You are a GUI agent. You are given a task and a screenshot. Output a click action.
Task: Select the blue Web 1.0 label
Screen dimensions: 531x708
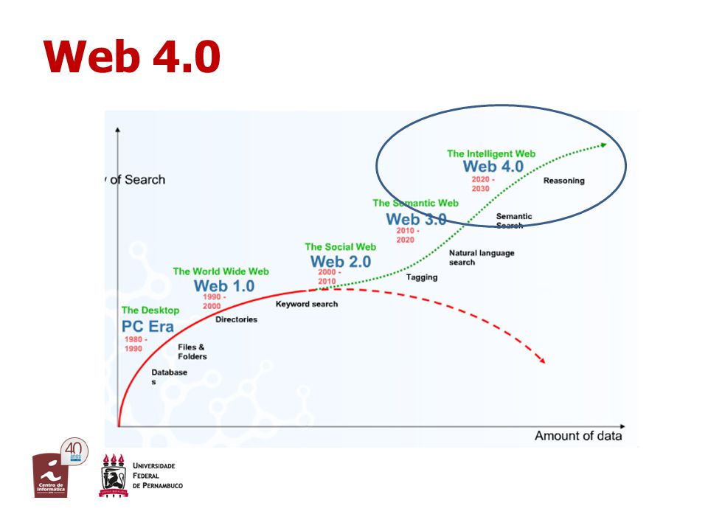click(x=223, y=285)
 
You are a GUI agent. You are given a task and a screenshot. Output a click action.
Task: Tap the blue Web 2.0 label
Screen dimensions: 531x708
click(x=340, y=262)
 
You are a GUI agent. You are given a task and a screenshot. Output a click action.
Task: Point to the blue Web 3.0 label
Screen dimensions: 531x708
click(x=415, y=219)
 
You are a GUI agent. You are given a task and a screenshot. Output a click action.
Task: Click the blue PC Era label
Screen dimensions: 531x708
click(x=147, y=326)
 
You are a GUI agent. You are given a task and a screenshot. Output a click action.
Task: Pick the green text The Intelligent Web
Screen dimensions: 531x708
click(x=490, y=154)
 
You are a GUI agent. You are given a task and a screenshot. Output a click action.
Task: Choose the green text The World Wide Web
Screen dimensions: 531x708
click(x=221, y=271)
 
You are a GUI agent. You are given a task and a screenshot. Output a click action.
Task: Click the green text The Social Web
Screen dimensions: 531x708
click(x=340, y=247)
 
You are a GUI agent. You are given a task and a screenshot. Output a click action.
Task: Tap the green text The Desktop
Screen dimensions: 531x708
click(x=150, y=310)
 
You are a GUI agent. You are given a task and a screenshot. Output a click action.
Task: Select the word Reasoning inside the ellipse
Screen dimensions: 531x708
click(x=563, y=181)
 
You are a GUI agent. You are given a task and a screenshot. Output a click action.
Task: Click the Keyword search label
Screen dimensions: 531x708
click(x=307, y=304)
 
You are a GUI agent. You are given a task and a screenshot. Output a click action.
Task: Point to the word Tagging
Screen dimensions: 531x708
click(x=421, y=277)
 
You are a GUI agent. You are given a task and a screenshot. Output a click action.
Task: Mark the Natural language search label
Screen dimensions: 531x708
click(x=481, y=257)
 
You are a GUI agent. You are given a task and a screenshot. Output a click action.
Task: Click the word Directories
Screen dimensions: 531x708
click(x=236, y=319)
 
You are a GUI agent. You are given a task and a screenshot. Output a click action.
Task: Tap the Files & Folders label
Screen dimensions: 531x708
click(x=192, y=352)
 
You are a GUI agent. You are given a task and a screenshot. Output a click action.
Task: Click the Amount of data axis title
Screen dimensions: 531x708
click(x=577, y=436)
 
